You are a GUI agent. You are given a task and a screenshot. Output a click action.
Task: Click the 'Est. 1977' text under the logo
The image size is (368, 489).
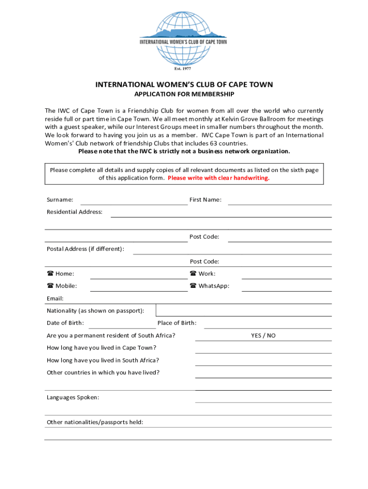184,68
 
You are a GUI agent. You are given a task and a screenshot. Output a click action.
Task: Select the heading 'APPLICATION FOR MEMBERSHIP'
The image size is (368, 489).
184,94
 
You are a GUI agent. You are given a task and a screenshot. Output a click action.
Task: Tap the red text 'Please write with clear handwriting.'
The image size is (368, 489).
218,178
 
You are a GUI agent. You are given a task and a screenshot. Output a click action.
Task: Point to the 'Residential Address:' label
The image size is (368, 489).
75,212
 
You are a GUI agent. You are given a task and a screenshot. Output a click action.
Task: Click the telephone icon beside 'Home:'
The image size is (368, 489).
50,274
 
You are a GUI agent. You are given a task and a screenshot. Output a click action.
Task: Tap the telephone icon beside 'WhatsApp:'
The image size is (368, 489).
193,286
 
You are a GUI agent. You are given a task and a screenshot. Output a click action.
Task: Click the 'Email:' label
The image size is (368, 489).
55,298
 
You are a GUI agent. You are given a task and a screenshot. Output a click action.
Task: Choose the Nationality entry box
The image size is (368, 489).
244,310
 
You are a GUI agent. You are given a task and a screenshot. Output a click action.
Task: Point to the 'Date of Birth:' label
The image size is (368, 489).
65,323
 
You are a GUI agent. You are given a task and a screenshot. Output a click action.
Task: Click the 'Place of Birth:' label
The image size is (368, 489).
177,323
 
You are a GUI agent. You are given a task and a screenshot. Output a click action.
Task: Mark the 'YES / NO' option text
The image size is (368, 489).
263,335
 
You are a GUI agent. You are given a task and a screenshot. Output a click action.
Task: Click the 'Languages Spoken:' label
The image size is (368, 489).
73,397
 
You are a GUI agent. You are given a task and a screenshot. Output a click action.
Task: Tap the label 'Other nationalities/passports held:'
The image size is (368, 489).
95,422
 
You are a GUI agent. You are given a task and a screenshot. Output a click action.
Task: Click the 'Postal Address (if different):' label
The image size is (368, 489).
86,249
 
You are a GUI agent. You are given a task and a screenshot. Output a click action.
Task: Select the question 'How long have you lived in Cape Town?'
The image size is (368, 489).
101,348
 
